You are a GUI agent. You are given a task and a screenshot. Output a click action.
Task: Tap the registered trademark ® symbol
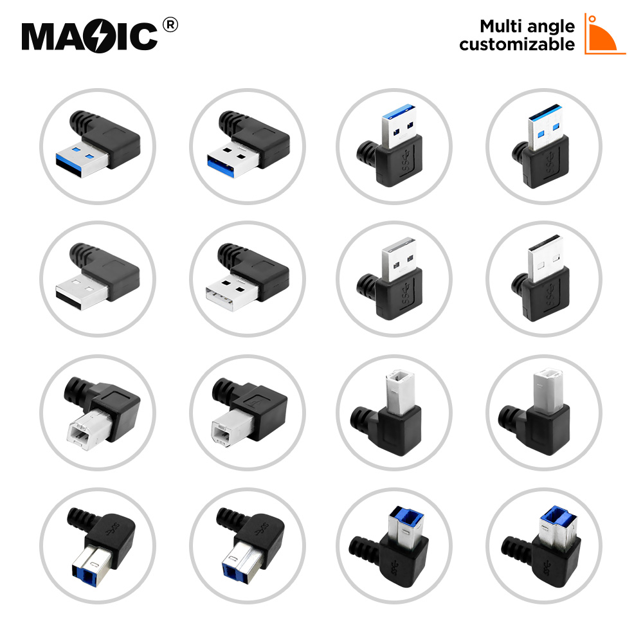[170, 25]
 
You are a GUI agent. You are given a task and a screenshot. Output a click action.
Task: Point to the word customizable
[517, 44]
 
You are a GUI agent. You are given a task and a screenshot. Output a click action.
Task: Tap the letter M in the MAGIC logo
[40, 37]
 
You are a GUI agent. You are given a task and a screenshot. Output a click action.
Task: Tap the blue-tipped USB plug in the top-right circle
[544, 127]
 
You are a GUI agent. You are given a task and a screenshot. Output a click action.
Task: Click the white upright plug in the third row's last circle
[548, 390]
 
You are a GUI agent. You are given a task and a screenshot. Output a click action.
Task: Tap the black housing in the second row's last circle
[546, 294]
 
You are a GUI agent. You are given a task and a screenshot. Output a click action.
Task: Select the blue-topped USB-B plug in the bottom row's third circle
[406, 528]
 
